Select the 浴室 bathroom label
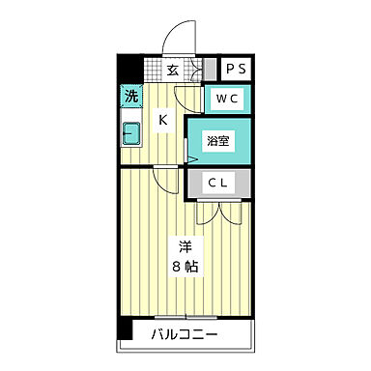[218, 141]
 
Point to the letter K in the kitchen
[163, 120]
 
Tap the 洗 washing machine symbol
[129, 96]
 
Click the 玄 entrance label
[171, 69]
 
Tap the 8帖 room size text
[186, 267]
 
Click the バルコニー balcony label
[185, 335]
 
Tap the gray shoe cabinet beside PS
[209, 69]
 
